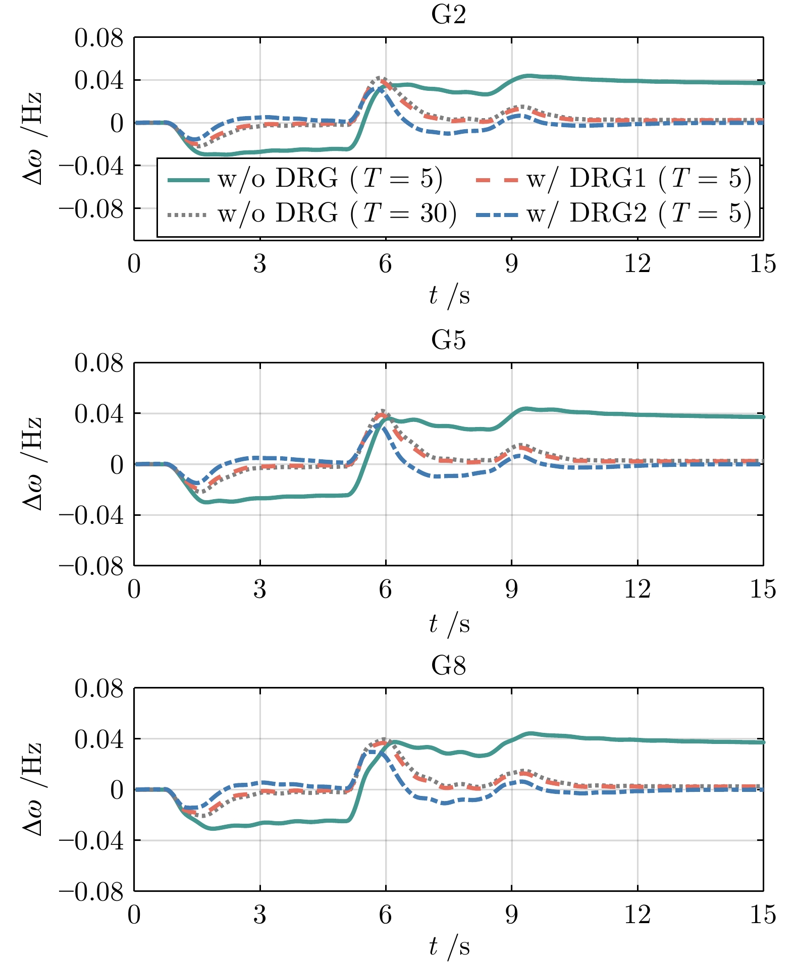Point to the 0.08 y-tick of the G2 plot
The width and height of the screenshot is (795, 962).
pyautogui.click(x=99, y=38)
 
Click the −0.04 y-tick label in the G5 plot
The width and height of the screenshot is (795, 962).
pyautogui.click(x=91, y=516)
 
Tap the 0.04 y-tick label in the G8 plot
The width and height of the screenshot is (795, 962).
pyautogui.click(x=99, y=739)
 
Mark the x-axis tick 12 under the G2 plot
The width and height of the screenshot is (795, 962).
pyautogui.click(x=637, y=263)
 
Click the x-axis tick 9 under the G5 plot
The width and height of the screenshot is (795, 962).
pyautogui.click(x=511, y=589)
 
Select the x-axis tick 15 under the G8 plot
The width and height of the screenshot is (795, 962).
pyautogui.click(x=762, y=915)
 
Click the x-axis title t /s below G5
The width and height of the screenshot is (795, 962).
pyautogui.click(x=449, y=624)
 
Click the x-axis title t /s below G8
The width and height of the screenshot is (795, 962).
pyautogui.click(x=449, y=947)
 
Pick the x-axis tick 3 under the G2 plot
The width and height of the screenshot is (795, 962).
pyautogui.click(x=259, y=263)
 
